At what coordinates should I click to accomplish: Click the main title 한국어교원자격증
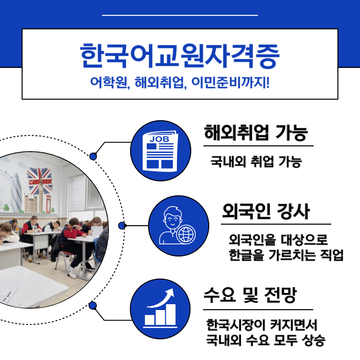(x=180, y=55)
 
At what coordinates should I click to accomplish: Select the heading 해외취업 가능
(x=256, y=133)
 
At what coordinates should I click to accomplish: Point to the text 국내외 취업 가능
(x=256, y=162)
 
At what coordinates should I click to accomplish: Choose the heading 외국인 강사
(x=265, y=211)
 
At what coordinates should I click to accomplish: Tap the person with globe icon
(x=178, y=225)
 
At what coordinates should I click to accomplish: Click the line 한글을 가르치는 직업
(x=286, y=255)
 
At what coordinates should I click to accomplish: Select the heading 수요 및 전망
(x=250, y=297)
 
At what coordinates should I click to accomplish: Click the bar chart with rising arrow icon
(x=160, y=309)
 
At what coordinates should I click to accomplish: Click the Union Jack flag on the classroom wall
(x=40, y=180)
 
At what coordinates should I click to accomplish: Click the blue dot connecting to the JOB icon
(x=93, y=156)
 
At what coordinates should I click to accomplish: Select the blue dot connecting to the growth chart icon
(x=93, y=306)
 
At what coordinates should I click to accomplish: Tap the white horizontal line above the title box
(x=180, y=15)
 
